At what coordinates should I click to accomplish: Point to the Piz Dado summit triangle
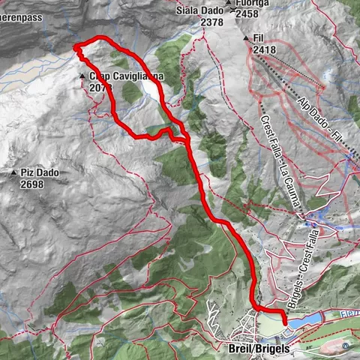(13, 173)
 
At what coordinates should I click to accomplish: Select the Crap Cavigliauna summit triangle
(82, 76)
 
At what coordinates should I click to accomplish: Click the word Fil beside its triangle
(259, 37)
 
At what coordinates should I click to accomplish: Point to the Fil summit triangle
(245, 37)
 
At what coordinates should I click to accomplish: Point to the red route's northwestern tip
(76, 48)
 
